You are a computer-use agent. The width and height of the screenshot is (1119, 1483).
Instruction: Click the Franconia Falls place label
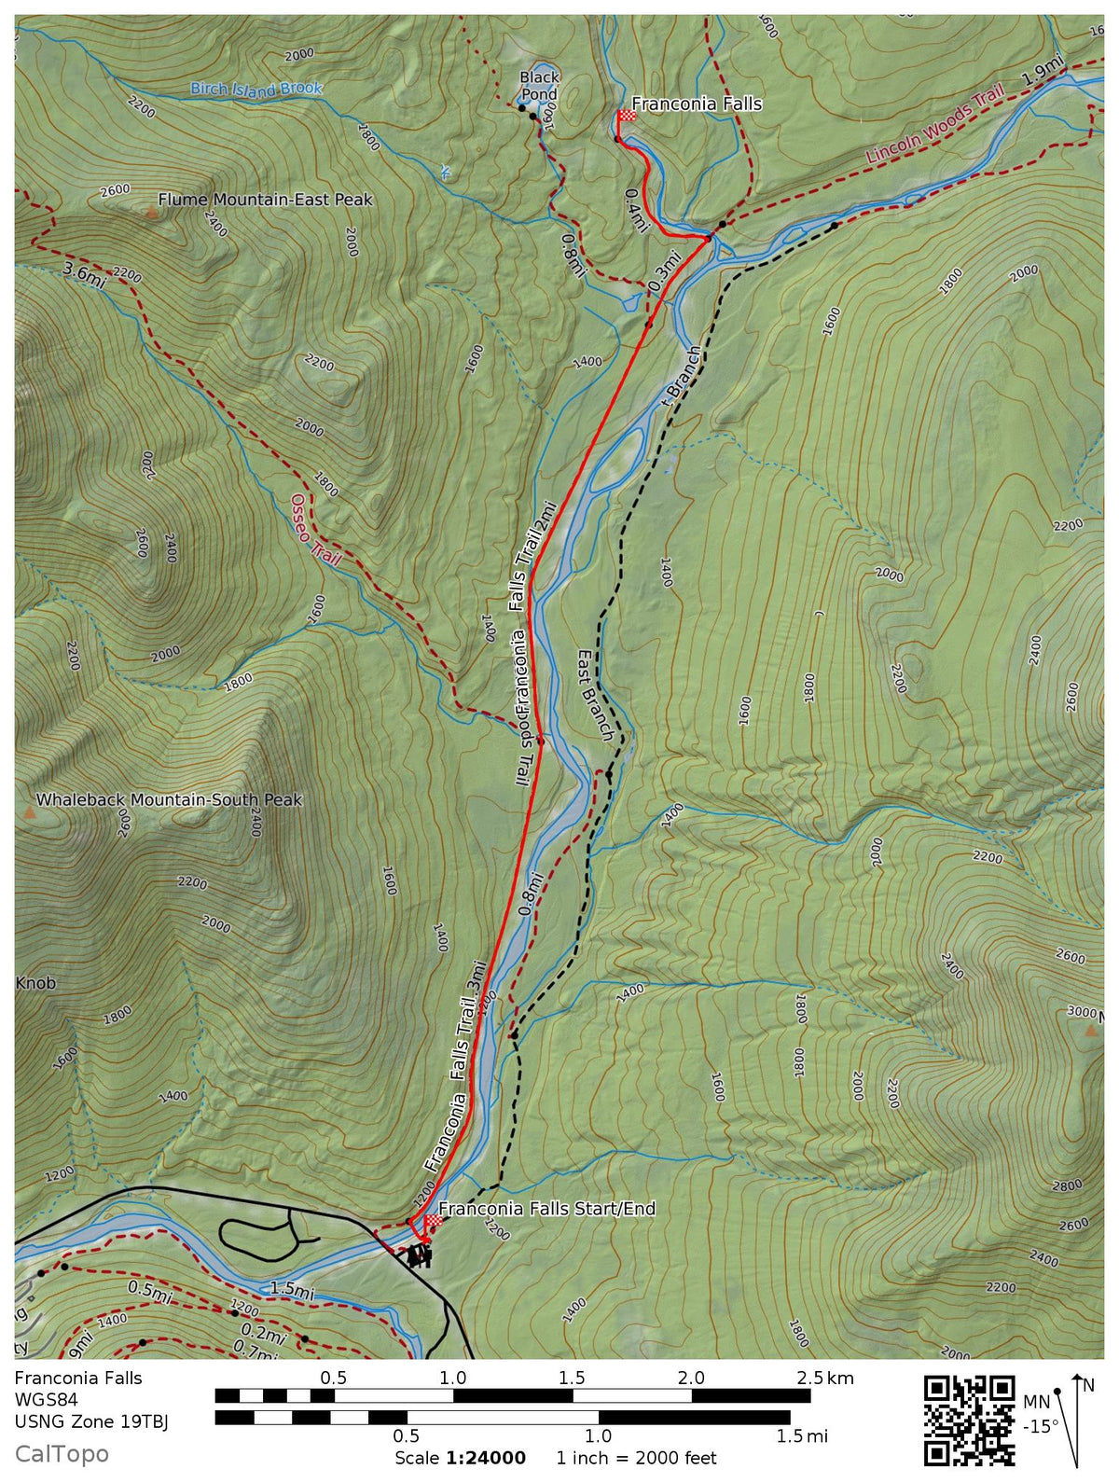(x=697, y=104)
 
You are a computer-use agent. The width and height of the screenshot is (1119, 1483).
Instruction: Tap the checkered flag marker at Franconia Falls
(x=627, y=116)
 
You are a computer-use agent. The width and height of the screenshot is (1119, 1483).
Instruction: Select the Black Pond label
(x=539, y=85)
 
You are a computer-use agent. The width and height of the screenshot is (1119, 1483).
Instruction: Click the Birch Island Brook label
(x=256, y=90)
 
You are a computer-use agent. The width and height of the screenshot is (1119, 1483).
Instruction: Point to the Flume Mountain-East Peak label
(x=265, y=200)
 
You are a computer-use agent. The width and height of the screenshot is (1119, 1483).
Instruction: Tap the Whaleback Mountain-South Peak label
(x=169, y=800)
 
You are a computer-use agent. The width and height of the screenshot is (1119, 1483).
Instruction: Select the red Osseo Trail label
(x=314, y=530)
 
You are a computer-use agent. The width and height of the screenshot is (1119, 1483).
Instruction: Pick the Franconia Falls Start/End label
(x=546, y=1209)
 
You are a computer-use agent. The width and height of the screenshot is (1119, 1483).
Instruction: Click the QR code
(x=969, y=1419)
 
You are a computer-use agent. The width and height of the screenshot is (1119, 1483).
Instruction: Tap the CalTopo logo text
(x=62, y=1454)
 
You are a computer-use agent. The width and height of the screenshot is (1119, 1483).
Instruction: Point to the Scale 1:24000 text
(x=460, y=1458)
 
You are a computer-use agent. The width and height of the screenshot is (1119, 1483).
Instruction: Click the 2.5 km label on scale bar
(x=825, y=1378)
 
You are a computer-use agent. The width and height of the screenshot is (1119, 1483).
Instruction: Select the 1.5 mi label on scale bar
(x=802, y=1436)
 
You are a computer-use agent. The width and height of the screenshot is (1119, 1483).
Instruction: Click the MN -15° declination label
(x=1040, y=1413)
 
